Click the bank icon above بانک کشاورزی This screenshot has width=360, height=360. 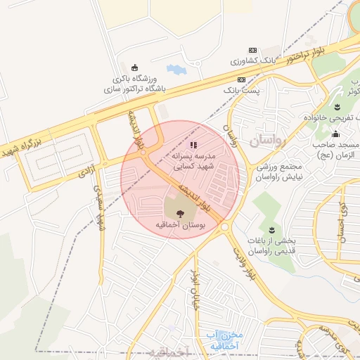click(x=252, y=50)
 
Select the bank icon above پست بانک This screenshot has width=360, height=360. click(x=242, y=80)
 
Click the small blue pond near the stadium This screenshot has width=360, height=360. click(x=174, y=70)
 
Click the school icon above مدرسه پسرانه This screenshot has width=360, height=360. click(x=194, y=146)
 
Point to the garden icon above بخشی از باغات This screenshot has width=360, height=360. click(x=272, y=229)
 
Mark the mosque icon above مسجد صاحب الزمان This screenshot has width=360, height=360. click(x=336, y=134)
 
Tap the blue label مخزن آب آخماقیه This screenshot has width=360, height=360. click(x=219, y=340)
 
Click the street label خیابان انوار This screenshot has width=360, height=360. click(x=192, y=288)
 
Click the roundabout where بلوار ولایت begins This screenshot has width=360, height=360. click(x=225, y=226)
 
